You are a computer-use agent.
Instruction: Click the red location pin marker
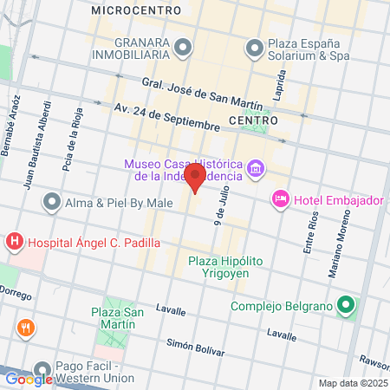[196, 179]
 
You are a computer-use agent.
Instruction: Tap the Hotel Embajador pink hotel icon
[280, 200]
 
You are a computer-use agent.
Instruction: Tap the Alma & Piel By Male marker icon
[52, 204]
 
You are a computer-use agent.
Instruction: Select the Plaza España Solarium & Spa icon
[255, 46]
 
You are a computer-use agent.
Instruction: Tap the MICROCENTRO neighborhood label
[135, 10]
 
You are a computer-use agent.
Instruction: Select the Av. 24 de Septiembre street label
[166, 117]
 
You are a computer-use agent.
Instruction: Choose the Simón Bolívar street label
[195, 347]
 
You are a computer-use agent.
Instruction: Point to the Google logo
[28, 379]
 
